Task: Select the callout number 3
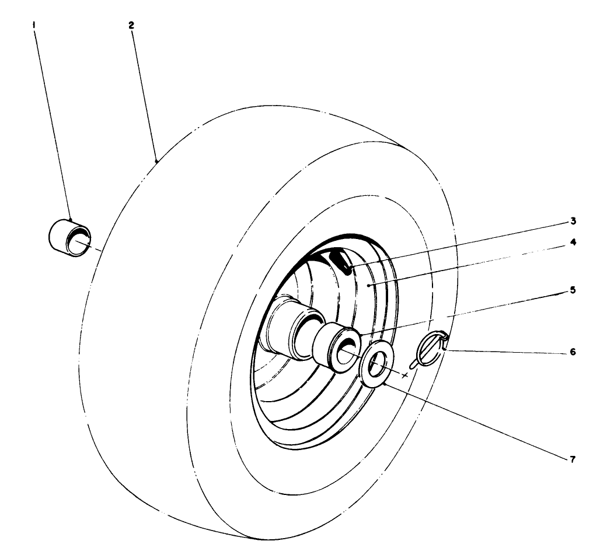pyautogui.click(x=573, y=221)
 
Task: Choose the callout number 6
pyautogui.click(x=573, y=352)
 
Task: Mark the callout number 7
pyautogui.click(x=573, y=459)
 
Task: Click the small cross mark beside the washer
pyautogui.click(x=405, y=375)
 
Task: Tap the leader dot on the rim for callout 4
pyautogui.click(x=368, y=286)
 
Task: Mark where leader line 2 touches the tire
pyautogui.click(x=157, y=159)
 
